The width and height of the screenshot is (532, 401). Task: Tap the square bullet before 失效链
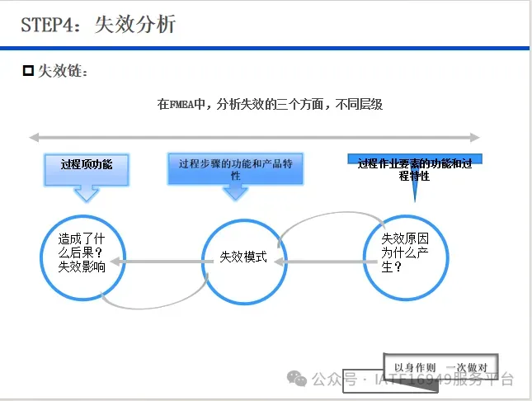[27, 72]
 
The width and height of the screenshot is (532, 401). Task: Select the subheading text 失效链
[62, 72]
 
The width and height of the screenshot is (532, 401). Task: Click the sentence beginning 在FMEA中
[270, 105]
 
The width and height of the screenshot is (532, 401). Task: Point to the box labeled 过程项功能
[87, 165]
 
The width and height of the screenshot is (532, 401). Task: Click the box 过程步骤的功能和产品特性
[235, 168]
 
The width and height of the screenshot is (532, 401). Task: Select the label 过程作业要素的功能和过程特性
[415, 168]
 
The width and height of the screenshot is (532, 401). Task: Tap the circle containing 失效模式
[242, 257]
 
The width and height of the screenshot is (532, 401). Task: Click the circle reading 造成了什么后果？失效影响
[81, 253]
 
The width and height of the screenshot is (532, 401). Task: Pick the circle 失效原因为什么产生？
[405, 252]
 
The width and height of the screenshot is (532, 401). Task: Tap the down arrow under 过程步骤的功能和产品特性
[235, 192]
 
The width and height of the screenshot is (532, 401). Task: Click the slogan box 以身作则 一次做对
[440, 366]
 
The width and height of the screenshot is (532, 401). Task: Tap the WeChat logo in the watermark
[296, 379]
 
